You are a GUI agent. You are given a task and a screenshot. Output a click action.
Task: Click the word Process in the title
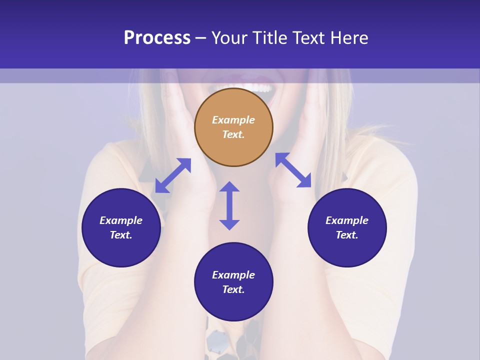(x=157, y=38)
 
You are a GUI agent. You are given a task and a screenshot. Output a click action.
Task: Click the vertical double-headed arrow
(x=229, y=205)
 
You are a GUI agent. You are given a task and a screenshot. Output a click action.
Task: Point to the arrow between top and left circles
(x=173, y=175)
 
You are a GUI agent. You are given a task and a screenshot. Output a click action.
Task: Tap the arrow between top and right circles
(x=293, y=170)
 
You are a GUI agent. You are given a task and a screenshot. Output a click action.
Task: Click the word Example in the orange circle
(x=233, y=120)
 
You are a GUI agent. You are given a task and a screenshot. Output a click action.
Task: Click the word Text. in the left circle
(x=121, y=235)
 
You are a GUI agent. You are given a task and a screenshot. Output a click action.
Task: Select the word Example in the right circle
(x=347, y=220)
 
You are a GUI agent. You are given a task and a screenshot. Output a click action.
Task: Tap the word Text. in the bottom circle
(x=233, y=289)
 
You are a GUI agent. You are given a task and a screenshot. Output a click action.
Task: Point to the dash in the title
(x=200, y=38)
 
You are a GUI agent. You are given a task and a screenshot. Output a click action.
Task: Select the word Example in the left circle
(x=121, y=220)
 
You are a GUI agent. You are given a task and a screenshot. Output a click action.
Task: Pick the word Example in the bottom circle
(x=233, y=275)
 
